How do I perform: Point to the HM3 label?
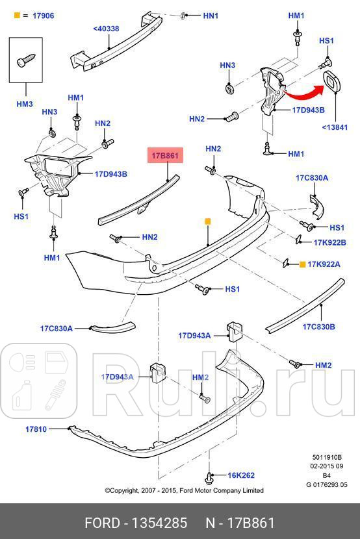(x=25, y=104)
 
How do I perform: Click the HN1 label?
(x=211, y=15)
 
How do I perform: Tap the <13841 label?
(x=335, y=127)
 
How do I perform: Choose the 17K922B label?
(x=330, y=242)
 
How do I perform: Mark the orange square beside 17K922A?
(x=302, y=264)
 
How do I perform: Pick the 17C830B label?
(x=318, y=327)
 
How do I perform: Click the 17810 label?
(x=36, y=429)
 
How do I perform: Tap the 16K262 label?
(x=240, y=475)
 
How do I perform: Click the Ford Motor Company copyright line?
(x=184, y=491)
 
